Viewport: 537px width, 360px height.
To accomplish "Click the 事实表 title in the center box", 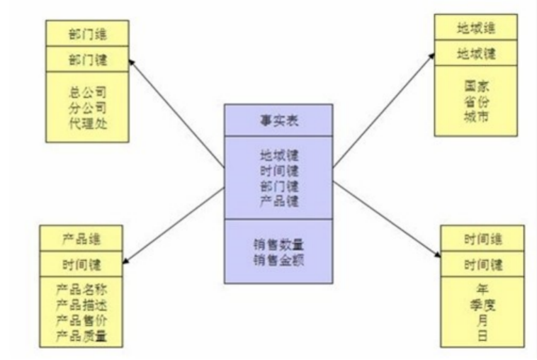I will point(278,120).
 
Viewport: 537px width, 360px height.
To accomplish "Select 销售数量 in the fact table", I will point(278,244).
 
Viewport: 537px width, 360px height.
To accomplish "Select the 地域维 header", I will point(475,29).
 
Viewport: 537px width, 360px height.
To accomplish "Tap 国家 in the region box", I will point(475,85).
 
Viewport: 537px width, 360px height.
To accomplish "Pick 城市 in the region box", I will point(475,116).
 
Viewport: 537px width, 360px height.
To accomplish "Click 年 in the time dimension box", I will point(482,289).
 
